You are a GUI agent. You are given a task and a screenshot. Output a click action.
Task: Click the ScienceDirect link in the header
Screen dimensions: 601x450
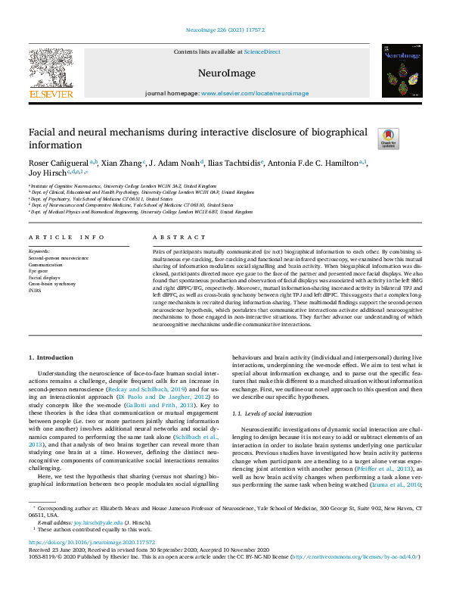262,51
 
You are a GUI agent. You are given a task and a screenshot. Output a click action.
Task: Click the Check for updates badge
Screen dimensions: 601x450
388,139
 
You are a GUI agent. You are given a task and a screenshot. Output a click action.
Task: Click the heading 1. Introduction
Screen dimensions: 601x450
51,357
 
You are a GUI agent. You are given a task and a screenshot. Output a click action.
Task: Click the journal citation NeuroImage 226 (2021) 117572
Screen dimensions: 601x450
225,31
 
